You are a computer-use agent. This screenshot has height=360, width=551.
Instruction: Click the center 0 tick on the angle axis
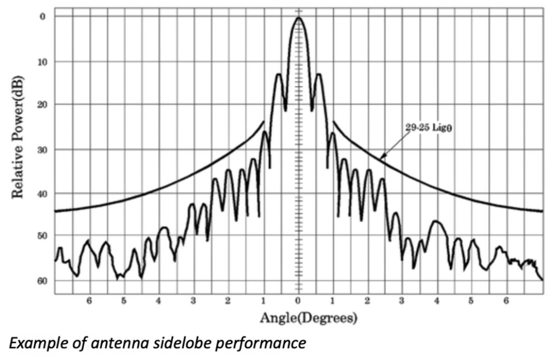298,300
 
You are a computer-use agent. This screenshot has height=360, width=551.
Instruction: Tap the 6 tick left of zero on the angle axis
90,300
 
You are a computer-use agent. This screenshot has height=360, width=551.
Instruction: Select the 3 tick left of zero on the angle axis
194,300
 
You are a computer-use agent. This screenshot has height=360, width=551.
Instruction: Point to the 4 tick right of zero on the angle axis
437,300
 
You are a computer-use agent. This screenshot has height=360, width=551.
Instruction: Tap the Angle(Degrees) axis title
309,317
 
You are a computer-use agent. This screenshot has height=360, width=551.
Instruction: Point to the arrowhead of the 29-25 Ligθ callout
381,158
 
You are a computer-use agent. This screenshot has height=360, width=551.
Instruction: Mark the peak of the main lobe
298,17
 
